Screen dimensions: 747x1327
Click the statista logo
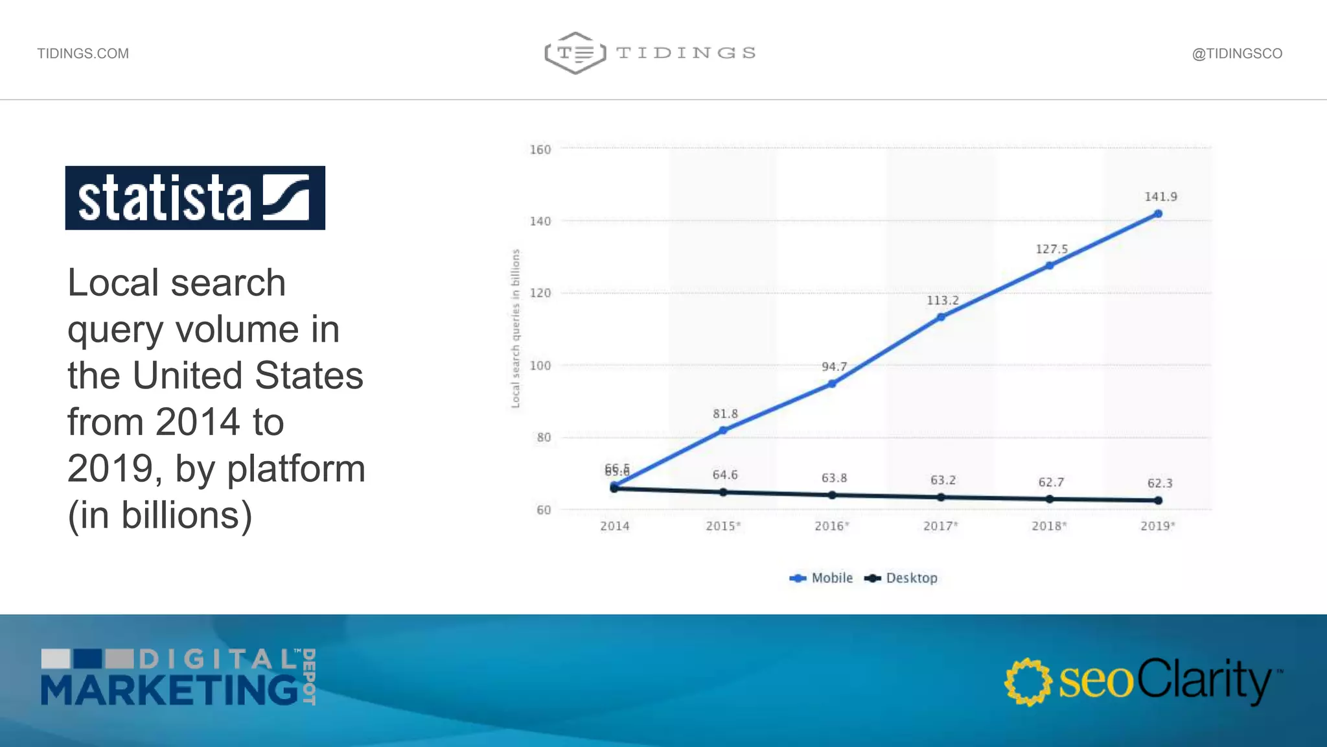coord(195,198)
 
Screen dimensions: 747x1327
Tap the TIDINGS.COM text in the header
coord(83,54)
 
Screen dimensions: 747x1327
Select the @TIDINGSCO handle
coord(1237,54)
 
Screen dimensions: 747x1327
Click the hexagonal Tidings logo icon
coord(575,53)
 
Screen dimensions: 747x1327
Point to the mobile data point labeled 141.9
coord(1158,214)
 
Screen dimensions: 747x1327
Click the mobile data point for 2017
coord(941,317)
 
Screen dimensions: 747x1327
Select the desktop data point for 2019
coord(1158,501)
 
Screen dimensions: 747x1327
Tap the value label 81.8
coord(725,414)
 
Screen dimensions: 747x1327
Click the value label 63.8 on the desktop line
coord(834,478)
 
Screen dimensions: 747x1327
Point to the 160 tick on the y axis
coord(540,150)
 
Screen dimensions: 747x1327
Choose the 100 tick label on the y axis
coord(540,366)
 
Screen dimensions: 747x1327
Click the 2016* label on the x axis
coord(832,526)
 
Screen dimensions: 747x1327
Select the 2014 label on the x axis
coord(614,526)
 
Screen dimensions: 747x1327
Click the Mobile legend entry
coord(822,578)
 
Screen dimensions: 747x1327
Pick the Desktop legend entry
coord(902,578)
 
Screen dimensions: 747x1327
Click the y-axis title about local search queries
coord(516,329)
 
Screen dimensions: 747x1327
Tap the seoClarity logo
coord(1143,681)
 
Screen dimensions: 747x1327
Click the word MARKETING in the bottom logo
coord(170,690)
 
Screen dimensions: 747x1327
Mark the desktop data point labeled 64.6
coord(723,493)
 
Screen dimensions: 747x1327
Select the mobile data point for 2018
coord(1050,265)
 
